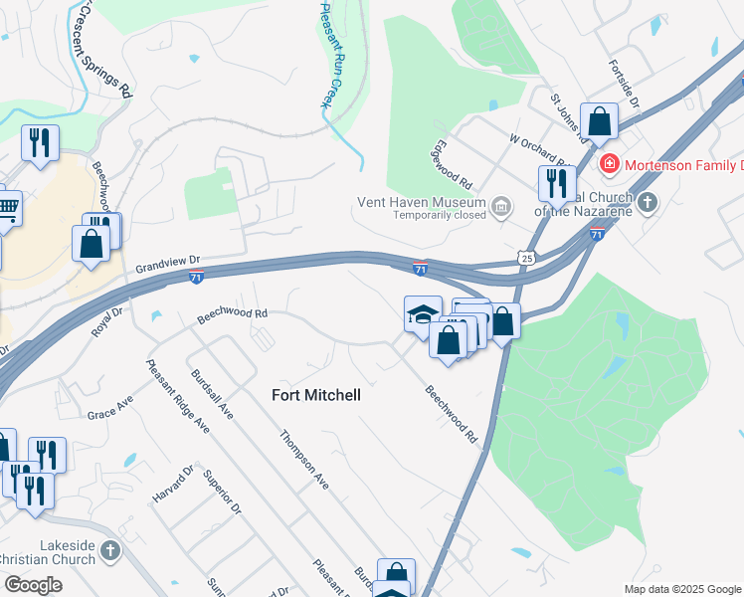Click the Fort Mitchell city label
point(316,395)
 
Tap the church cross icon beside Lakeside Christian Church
point(110,549)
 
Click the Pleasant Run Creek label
point(326,54)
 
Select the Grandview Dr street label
point(168,263)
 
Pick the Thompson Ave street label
point(303,459)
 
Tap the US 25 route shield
point(525,258)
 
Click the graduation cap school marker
point(422,313)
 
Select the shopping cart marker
point(7,208)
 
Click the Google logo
point(33,585)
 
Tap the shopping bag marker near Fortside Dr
point(599,122)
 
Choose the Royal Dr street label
point(106,322)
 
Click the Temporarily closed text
point(440,215)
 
